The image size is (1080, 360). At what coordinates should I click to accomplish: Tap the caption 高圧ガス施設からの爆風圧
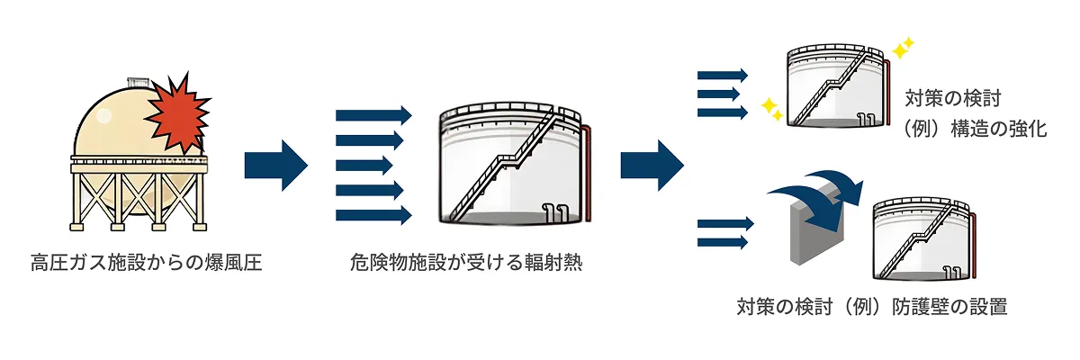coord(146,263)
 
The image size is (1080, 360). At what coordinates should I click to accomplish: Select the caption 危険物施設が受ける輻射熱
coord(466,263)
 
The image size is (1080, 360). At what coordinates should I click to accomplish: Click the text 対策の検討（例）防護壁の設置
coord(872,307)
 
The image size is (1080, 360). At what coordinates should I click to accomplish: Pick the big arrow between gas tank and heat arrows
coord(275,166)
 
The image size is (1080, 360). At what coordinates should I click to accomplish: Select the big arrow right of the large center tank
coord(652,166)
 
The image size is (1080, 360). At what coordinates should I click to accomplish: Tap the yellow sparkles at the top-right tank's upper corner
coord(903,49)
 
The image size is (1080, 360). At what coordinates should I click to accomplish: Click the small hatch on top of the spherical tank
coord(139,83)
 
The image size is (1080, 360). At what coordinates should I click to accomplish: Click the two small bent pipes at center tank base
coord(555,212)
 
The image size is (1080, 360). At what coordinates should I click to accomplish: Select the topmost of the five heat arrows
coord(373,116)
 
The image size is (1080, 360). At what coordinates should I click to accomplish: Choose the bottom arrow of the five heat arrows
coord(373,215)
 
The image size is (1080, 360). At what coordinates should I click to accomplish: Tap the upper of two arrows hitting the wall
coord(725,223)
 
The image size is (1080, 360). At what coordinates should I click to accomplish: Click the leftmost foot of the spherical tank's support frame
coord(77,227)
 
